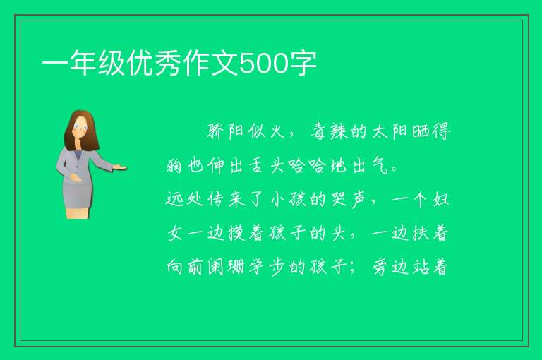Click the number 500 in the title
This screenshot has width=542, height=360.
click(x=264, y=64)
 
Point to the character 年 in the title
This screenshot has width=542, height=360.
click(x=83, y=64)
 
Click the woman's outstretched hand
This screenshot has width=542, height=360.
click(x=120, y=168)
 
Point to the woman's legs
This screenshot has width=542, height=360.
click(x=78, y=213)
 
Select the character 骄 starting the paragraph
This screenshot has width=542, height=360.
click(x=216, y=131)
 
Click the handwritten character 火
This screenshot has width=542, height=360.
click(x=277, y=131)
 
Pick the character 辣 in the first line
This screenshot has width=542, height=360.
click(x=339, y=132)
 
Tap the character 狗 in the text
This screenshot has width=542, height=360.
click(x=174, y=166)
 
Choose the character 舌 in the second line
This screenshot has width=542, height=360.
click(x=257, y=166)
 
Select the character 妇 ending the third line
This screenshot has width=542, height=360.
click(x=440, y=199)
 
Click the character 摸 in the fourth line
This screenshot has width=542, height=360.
click(x=236, y=233)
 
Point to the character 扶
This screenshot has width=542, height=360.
click(x=421, y=233)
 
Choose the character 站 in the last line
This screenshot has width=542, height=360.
click(x=421, y=267)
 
